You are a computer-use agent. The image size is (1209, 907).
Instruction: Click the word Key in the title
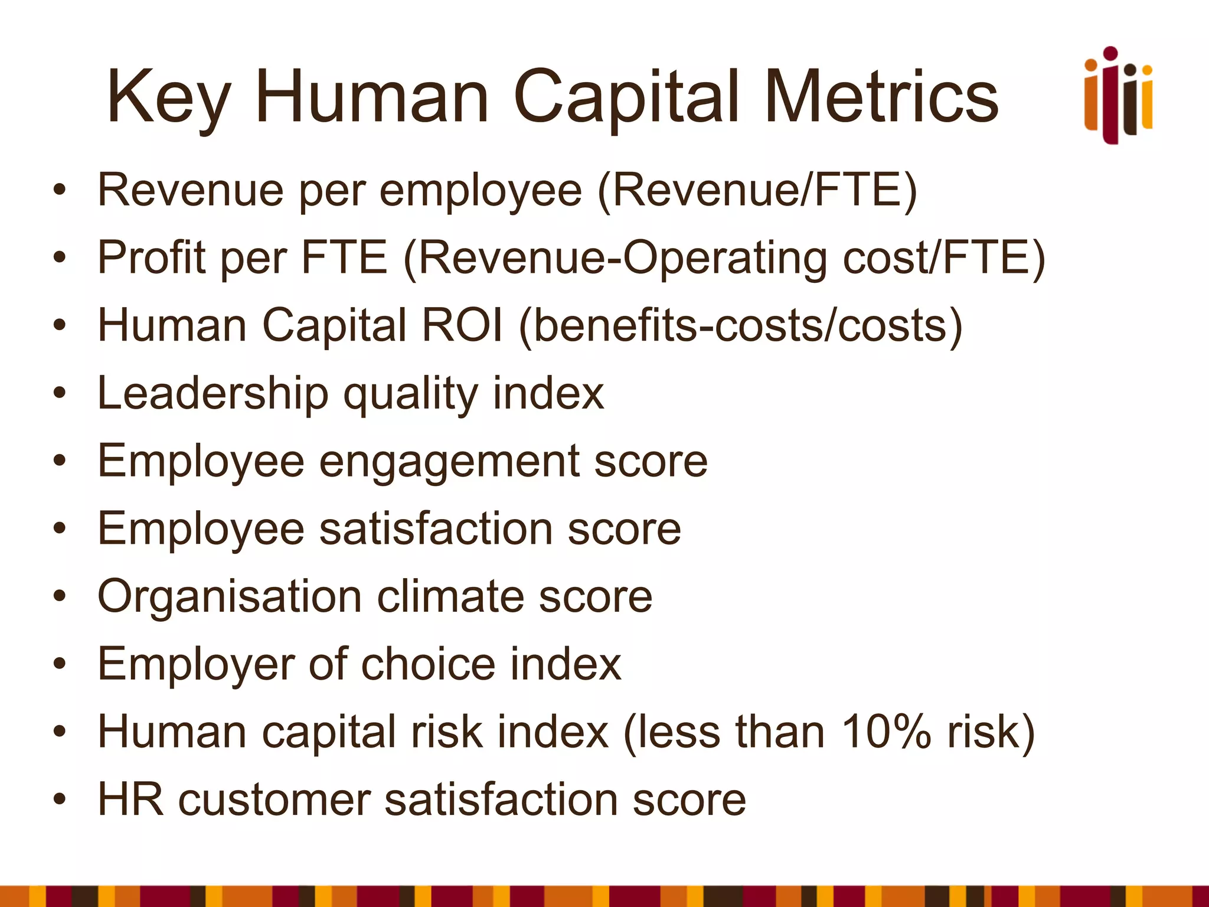click(168, 97)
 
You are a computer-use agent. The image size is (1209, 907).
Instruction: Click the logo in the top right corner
click(1118, 96)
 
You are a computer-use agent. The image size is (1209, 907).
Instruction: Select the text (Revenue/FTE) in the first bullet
click(757, 190)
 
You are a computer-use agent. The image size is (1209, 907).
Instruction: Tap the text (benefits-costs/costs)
click(740, 325)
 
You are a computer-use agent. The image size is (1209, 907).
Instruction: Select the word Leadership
click(213, 393)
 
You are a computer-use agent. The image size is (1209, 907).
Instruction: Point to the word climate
click(450, 596)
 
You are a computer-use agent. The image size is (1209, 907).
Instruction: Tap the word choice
click(428, 664)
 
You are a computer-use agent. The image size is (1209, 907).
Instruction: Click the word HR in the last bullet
click(130, 800)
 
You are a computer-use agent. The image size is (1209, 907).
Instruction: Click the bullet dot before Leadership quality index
click(59, 393)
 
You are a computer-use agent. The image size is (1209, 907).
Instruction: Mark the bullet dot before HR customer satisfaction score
click(59, 800)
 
